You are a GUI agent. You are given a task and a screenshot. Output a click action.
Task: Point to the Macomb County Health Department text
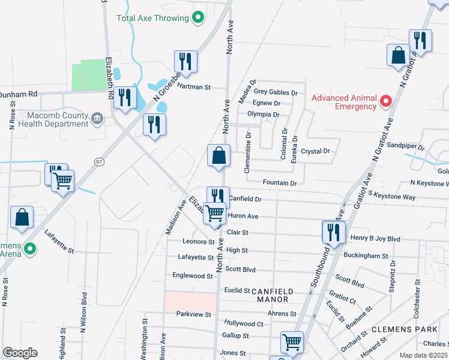(x=53, y=119)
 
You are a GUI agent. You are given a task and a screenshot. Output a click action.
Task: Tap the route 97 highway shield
(x=100, y=161)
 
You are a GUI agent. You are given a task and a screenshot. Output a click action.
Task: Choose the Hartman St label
(x=193, y=87)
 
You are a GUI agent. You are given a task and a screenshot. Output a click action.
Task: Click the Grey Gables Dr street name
(x=276, y=92)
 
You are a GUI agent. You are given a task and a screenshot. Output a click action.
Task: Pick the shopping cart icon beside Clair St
(x=214, y=213)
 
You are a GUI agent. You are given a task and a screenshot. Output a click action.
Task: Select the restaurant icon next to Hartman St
(x=185, y=61)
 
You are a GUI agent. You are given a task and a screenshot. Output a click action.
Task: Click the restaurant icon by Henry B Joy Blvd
(x=333, y=232)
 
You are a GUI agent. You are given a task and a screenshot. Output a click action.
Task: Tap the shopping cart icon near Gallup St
(x=292, y=342)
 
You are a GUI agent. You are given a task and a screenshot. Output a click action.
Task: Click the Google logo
(x=20, y=353)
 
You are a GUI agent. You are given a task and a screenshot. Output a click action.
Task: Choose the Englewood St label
(x=192, y=276)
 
